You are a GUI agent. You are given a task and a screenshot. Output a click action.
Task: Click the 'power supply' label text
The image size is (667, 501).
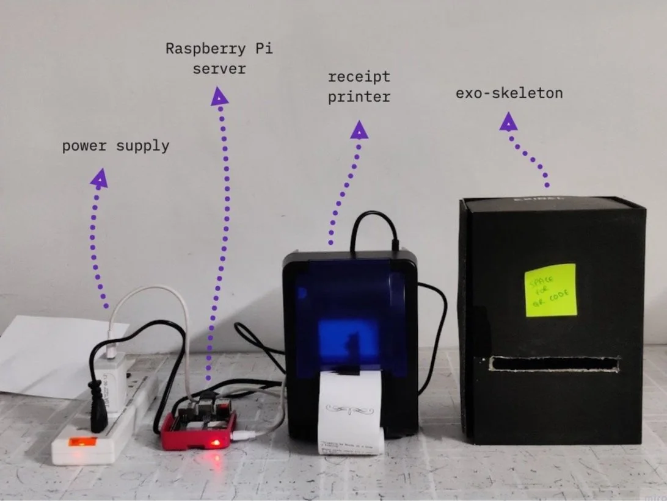[x=115, y=146]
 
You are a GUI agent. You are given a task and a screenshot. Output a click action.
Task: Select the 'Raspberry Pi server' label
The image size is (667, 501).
[x=219, y=59]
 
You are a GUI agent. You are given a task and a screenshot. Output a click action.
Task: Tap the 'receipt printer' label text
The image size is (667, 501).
[x=359, y=87]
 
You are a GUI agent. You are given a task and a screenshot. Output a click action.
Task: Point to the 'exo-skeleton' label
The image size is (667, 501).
[x=509, y=94]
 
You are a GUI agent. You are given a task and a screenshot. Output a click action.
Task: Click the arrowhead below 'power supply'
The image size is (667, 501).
[x=99, y=178]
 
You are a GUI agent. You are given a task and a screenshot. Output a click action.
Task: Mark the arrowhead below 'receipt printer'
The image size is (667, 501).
[x=360, y=129]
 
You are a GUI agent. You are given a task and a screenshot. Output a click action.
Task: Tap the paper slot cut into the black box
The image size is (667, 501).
[x=554, y=364]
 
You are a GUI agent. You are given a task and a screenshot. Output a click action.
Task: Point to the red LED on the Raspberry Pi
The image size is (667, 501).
[x=213, y=442]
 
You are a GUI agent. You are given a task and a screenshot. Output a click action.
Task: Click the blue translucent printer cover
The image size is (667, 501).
[x=350, y=311]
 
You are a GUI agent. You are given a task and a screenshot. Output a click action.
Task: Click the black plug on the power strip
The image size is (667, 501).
[x=97, y=402]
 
